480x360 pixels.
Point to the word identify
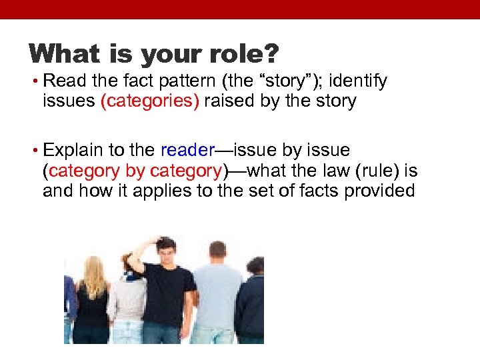(x=359, y=82)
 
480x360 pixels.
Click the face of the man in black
(x=165, y=253)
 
